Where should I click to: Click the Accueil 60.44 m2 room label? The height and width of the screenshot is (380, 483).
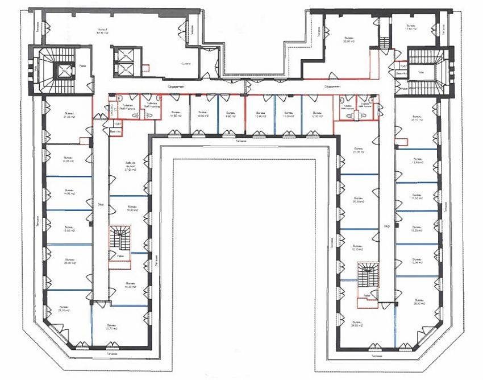point(103,31)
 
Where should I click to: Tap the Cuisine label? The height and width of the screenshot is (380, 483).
point(186,64)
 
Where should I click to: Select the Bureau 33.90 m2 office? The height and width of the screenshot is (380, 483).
point(348,39)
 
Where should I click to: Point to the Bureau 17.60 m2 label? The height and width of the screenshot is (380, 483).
point(411,28)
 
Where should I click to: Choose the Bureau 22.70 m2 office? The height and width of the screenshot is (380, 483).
point(111,327)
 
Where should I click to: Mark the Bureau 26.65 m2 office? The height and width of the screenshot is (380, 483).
point(357,325)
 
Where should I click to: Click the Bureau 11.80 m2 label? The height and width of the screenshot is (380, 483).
point(176,114)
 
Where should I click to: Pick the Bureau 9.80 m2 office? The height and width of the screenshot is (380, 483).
point(231,114)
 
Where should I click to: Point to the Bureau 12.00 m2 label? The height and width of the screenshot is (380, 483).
point(316,114)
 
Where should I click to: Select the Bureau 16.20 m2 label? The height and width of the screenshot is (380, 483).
point(130,285)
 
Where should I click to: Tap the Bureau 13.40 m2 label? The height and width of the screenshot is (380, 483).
point(418,161)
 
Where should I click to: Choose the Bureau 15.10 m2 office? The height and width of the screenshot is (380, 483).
point(357,248)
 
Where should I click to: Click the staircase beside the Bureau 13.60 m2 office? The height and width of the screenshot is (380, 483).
point(120,239)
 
